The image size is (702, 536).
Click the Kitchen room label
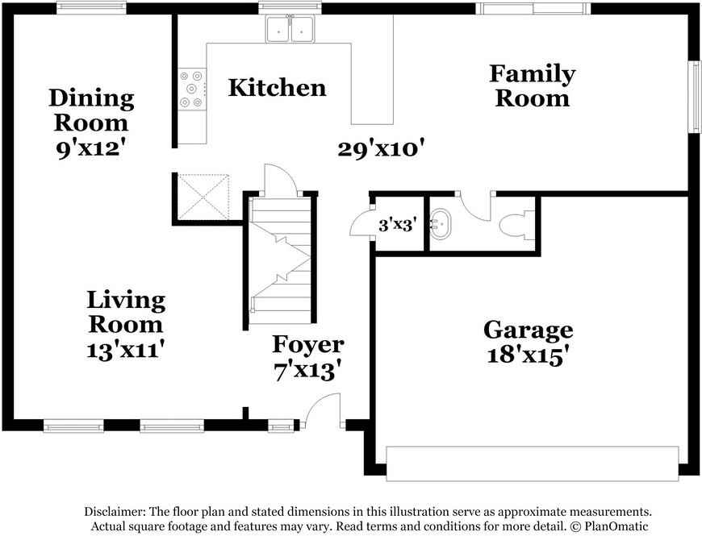coord(277,88)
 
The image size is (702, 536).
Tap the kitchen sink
coord(290,30)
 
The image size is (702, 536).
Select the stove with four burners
coord(193,89)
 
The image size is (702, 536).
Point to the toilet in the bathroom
coord(514,224)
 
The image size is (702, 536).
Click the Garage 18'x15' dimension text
coord(528,355)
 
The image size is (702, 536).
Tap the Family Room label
coord(532,86)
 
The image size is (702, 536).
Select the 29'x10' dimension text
coord(382,148)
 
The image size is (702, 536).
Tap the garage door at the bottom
coord(532,463)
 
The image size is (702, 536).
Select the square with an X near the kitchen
coord(204,196)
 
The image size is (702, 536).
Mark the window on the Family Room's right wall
coord(693,97)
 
